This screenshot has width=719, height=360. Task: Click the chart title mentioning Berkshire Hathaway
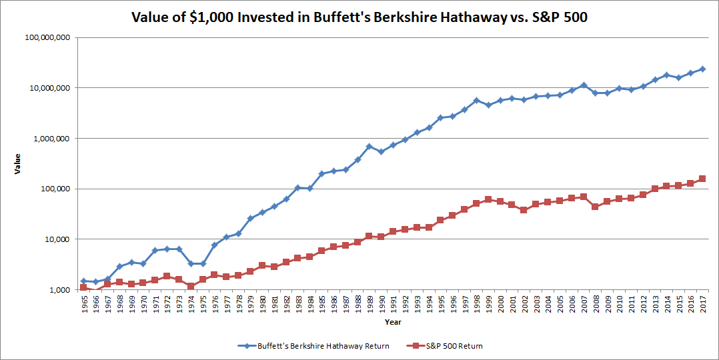[x=359, y=17]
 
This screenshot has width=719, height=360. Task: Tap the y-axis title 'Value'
[x=18, y=163]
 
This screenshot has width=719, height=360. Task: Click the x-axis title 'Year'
[x=392, y=322]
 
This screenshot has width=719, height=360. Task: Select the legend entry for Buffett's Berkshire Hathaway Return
[x=313, y=346]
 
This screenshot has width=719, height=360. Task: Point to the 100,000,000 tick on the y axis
[x=47, y=37]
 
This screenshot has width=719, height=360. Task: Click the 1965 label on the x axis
[x=84, y=304]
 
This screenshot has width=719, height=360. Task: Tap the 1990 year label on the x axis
[x=381, y=304]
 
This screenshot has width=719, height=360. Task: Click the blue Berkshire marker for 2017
[x=702, y=69]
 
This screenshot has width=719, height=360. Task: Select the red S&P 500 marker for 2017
[x=702, y=179]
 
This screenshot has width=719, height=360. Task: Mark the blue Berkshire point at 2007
[x=583, y=85]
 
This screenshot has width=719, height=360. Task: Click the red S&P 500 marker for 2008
[x=595, y=207]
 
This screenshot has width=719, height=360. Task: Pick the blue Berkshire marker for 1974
[x=191, y=263]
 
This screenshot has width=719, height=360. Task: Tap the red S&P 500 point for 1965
[x=84, y=287]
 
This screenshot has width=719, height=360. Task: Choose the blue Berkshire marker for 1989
[x=369, y=146]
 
